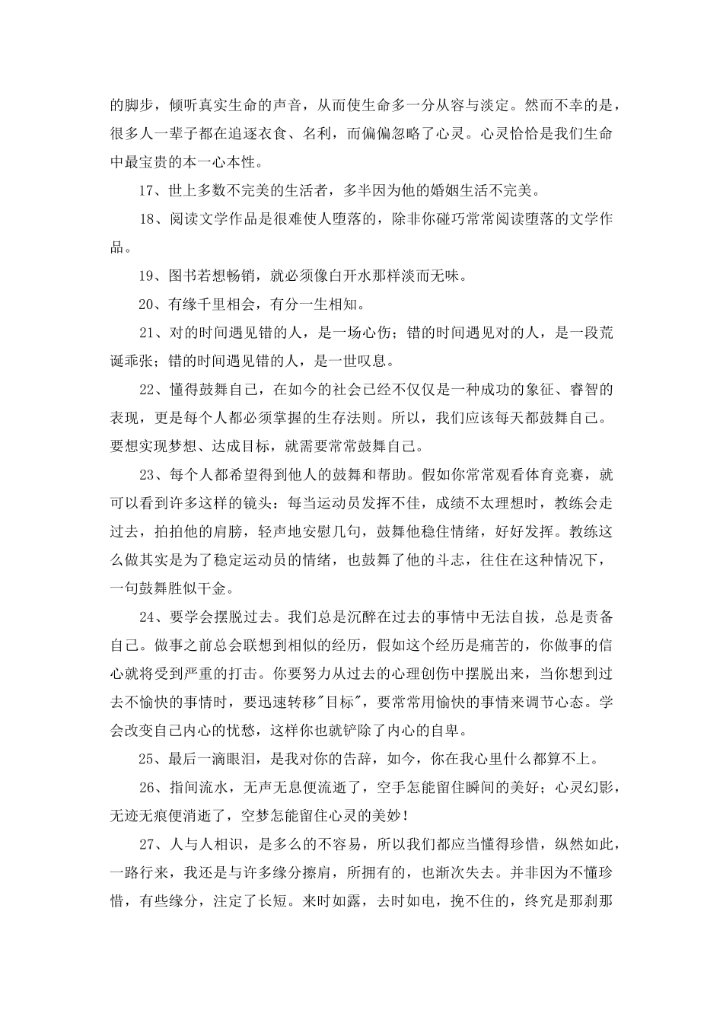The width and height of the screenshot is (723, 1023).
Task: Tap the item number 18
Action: tap(148, 219)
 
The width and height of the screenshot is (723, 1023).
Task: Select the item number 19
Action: tap(148, 276)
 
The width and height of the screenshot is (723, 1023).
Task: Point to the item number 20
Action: tap(148, 304)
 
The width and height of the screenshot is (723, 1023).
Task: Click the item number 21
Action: tap(148, 333)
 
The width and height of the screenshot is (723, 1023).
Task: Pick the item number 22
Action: tap(148, 390)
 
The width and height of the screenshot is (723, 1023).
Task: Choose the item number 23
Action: tap(148, 475)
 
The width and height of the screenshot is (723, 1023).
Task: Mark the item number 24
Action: tap(148, 617)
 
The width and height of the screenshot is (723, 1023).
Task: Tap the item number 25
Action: tap(148, 758)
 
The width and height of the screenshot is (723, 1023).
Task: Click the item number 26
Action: tap(148, 787)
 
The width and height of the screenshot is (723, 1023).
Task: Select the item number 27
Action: tap(148, 843)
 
